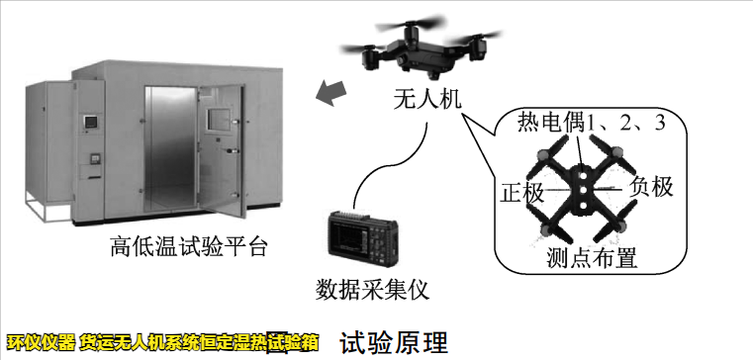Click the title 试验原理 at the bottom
393,343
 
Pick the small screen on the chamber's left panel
91,123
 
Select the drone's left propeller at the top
362,45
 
